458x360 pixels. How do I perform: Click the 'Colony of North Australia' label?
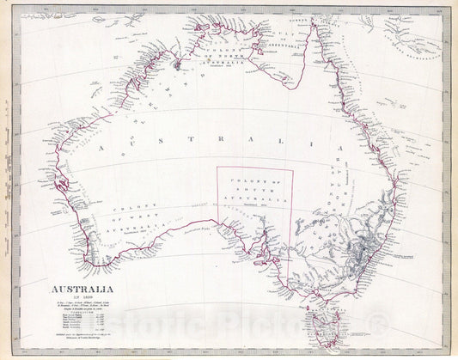(219, 58)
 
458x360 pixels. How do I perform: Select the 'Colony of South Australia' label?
(254, 193)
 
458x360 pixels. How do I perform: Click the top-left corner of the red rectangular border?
(217, 168)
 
